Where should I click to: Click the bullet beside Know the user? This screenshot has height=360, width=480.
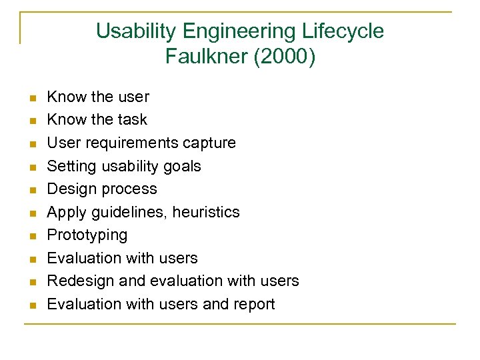pyautogui.click(x=31, y=98)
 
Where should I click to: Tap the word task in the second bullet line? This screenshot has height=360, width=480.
pyautogui.click(x=132, y=120)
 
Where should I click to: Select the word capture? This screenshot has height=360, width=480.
pyautogui.click(x=209, y=143)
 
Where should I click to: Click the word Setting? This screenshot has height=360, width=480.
pyautogui.click(x=69, y=166)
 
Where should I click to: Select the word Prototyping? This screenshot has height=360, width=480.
pyautogui.click(x=87, y=235)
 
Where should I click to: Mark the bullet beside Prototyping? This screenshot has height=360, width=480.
pyautogui.click(x=31, y=236)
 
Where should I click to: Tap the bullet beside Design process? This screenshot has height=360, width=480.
pyautogui.click(x=31, y=190)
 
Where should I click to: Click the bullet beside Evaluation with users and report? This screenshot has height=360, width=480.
pyautogui.click(x=31, y=305)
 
